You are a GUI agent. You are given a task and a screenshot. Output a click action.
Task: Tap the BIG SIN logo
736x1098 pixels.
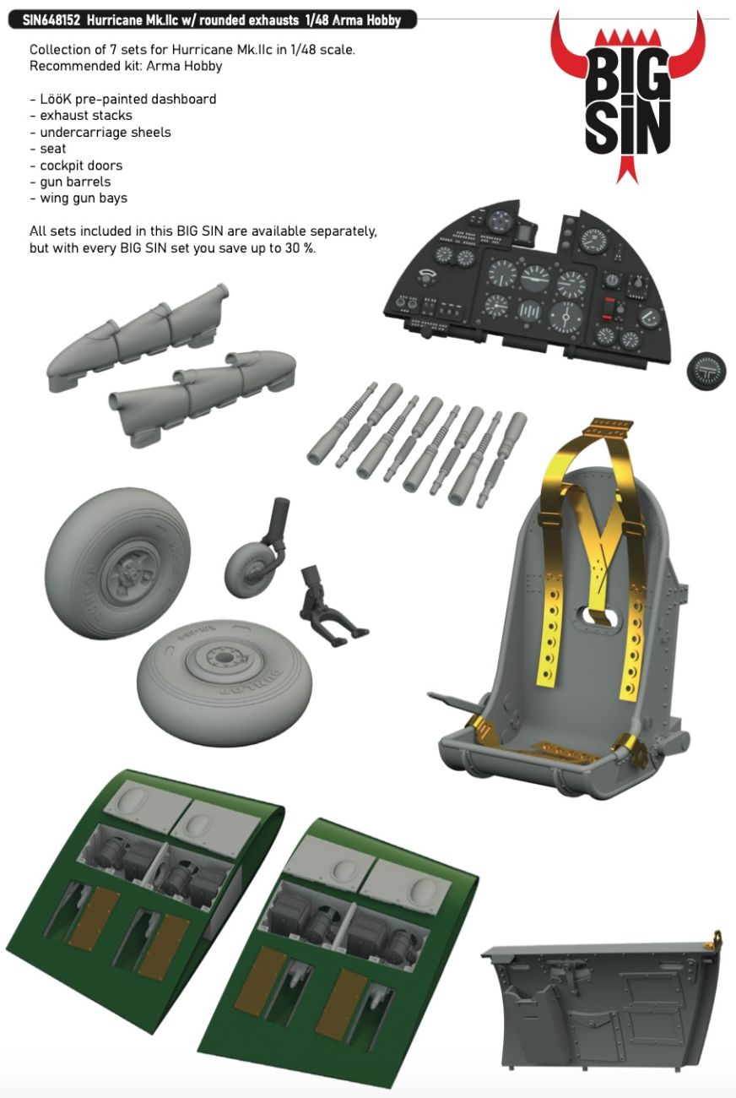click(x=628, y=98)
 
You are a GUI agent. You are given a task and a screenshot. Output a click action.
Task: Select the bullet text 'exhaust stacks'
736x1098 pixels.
click(x=86, y=116)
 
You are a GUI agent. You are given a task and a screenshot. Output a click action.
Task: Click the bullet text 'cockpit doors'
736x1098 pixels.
click(x=81, y=166)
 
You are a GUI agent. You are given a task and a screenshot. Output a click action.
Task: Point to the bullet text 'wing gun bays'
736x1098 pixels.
click(x=84, y=198)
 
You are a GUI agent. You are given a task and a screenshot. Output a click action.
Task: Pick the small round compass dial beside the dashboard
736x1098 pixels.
click(x=706, y=371)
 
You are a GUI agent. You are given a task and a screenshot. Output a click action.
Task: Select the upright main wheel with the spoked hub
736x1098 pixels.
click(x=116, y=563)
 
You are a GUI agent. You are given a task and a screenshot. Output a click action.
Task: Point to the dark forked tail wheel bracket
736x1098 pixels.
click(x=329, y=606)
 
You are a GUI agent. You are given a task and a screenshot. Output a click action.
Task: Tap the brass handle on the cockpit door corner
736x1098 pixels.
click(x=716, y=938)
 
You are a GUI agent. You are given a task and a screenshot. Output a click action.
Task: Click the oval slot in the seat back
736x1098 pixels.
click(x=597, y=617)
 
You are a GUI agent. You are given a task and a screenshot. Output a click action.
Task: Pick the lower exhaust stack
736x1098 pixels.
click(x=202, y=398)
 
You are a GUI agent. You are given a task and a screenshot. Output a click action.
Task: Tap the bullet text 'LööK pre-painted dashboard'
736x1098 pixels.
click(x=127, y=99)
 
